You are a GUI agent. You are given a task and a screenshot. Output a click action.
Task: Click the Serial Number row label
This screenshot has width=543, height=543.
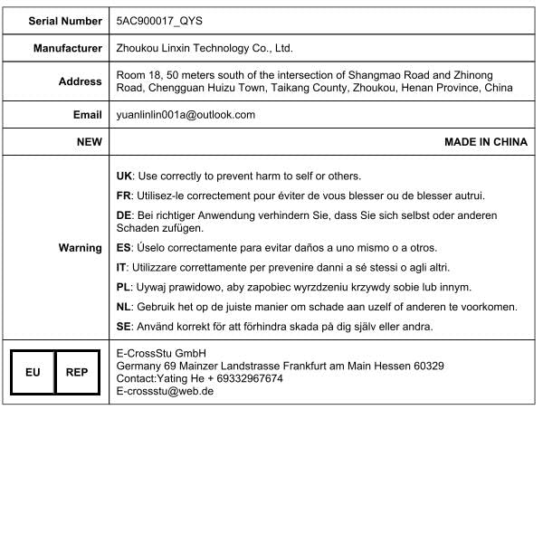[x=65, y=20]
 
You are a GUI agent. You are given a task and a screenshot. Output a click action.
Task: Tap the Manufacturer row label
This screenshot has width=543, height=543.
[x=68, y=49]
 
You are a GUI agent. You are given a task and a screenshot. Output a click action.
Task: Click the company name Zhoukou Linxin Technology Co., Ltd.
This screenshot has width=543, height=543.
[x=205, y=49]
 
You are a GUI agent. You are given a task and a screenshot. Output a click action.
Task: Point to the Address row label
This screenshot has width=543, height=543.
[x=80, y=81]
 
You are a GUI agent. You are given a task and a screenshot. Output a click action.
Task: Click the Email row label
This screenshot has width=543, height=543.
[x=87, y=115]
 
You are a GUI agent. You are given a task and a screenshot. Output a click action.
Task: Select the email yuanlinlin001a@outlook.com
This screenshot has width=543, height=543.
[x=186, y=115]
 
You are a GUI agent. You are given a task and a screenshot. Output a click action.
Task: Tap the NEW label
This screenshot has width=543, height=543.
[x=89, y=142]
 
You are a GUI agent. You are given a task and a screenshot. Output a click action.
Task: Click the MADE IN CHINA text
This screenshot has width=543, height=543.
[x=485, y=142]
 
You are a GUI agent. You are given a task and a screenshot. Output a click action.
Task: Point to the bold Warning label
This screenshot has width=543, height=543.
[x=80, y=248]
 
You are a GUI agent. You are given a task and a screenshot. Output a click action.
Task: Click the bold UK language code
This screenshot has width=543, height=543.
[x=125, y=176]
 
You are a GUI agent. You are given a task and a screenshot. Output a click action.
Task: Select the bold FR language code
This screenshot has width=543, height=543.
[x=125, y=195]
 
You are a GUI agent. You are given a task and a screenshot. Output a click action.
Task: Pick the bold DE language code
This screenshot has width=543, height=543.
[x=125, y=215]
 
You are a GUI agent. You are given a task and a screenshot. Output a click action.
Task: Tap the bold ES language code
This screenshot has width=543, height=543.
[x=125, y=247]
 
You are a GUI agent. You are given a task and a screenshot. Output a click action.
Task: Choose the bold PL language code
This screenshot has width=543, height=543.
[x=125, y=287]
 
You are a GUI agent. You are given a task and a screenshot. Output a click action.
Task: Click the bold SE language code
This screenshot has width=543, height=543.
[x=125, y=327]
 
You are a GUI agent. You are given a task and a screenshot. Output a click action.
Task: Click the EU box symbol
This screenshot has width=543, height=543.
[x=33, y=372]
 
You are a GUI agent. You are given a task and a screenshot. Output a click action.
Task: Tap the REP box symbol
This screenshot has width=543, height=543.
[x=77, y=372]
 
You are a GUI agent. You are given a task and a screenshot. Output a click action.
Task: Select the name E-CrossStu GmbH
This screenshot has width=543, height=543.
[x=162, y=353]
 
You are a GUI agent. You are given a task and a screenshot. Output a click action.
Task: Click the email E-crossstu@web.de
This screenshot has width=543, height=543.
[x=166, y=391]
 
